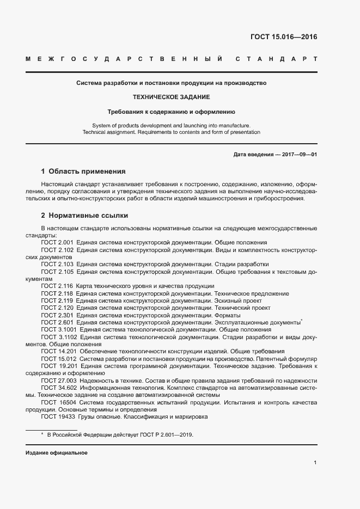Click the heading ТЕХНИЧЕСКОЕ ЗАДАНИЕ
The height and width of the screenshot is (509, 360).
click(x=171, y=97)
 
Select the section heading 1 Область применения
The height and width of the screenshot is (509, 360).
click(x=83, y=171)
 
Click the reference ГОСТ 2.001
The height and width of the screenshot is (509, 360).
click(x=57, y=242)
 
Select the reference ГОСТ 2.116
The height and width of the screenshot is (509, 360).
click(x=57, y=286)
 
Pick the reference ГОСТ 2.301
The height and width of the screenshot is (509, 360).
click(x=57, y=316)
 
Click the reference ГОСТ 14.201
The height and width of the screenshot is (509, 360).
click(x=59, y=352)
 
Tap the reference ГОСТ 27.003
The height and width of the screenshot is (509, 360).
click(x=59, y=381)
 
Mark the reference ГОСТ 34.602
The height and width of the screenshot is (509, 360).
click(x=59, y=388)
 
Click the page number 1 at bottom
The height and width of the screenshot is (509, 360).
click(x=315, y=463)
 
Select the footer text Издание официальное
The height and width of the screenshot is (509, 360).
click(x=56, y=453)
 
